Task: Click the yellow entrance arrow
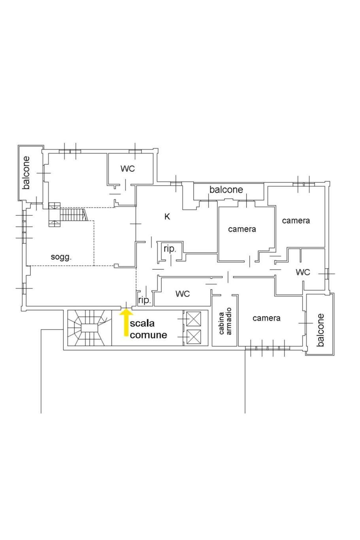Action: click(126, 322)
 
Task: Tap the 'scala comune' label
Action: click(148, 329)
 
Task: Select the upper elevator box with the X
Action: click(194, 319)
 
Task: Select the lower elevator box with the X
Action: click(194, 337)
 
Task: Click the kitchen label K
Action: click(167, 216)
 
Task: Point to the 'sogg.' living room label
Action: click(61, 257)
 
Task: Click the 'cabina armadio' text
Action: click(225, 321)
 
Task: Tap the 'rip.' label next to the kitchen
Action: click(170, 249)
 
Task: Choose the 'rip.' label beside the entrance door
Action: click(144, 300)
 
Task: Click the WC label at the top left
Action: click(128, 169)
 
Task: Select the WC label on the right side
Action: click(303, 272)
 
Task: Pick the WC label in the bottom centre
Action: click(183, 294)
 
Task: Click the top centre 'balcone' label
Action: click(226, 190)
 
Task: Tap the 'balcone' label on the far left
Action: click(26, 173)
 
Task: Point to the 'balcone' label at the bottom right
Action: click(320, 330)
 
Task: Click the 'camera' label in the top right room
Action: click(296, 220)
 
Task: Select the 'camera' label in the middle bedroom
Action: click(242, 229)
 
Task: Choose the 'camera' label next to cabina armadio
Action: click(266, 318)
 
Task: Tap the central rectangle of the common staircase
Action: click(89, 328)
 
